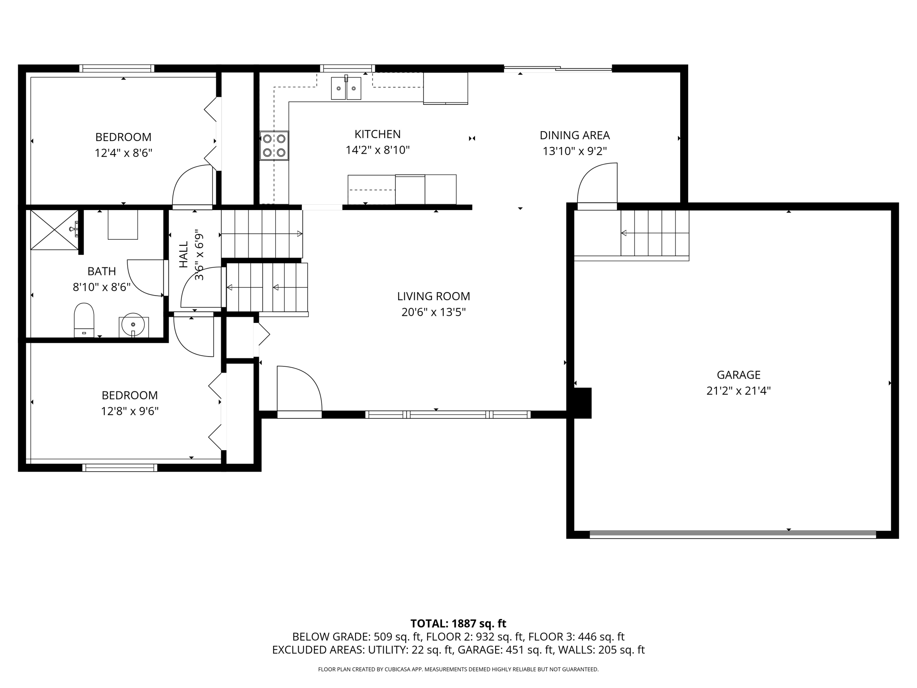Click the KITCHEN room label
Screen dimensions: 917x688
point(377,134)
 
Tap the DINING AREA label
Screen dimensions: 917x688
point(574,135)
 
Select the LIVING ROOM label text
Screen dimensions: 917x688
point(433,296)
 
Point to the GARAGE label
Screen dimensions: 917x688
point(738,375)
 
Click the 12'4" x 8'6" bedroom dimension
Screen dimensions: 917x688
point(123,153)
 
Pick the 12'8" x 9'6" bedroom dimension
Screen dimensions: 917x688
point(130,411)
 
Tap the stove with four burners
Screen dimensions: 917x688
point(274,146)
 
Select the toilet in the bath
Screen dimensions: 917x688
point(84,320)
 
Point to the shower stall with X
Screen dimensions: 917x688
point(54,230)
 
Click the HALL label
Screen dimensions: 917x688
point(184,255)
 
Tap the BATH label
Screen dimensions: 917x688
point(102,271)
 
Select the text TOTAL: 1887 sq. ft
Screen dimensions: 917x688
point(458,623)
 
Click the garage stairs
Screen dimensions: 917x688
point(655,233)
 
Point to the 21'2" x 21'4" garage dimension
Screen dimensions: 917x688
point(738,391)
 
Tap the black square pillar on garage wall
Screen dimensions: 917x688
point(583,403)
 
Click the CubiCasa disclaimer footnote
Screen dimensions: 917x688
point(458,670)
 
